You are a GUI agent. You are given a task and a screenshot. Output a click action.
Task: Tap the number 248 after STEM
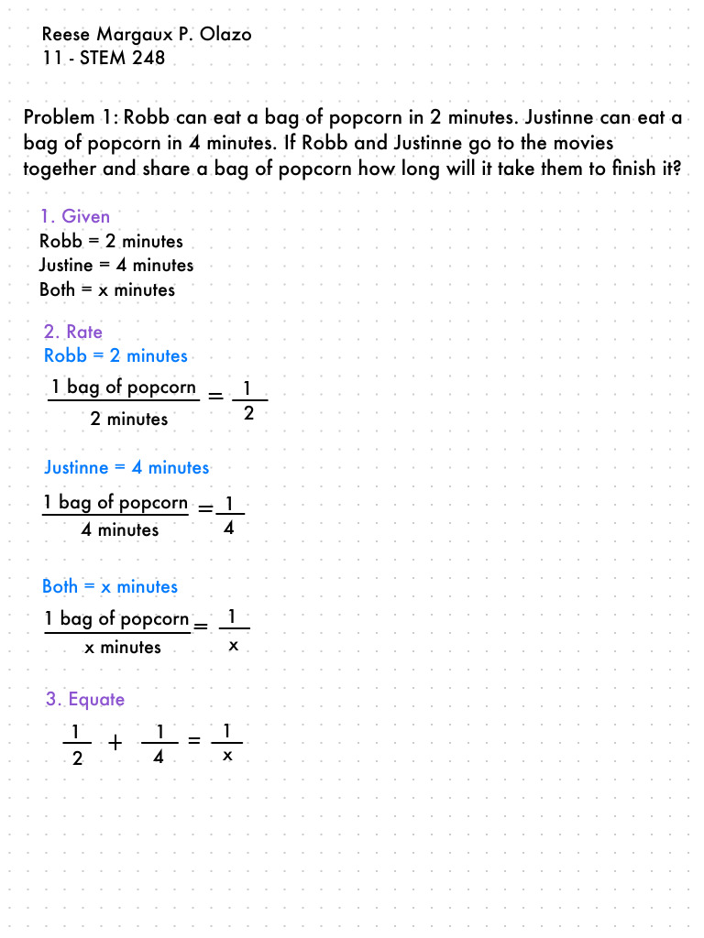[x=148, y=59]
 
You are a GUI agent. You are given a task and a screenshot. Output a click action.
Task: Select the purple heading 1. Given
[x=74, y=216]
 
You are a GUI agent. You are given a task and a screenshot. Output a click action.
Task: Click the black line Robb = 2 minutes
[x=111, y=241]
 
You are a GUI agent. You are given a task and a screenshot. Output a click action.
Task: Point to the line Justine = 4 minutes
[x=116, y=265]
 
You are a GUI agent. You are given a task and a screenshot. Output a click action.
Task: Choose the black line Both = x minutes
[x=106, y=289]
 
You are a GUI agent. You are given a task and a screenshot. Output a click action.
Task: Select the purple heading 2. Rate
[x=72, y=332]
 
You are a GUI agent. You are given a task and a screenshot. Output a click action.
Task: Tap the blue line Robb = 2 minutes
[x=115, y=355]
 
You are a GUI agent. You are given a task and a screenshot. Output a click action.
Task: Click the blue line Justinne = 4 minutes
[x=126, y=467]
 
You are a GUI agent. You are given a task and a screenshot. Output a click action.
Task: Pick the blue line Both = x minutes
[x=110, y=586]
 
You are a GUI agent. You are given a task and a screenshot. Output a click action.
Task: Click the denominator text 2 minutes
[x=129, y=420]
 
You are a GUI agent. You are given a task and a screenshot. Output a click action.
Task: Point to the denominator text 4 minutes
[x=120, y=530]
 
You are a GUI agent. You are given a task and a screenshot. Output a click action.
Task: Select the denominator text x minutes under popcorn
[x=122, y=648]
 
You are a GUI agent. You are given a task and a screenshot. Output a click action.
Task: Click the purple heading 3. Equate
[x=85, y=700]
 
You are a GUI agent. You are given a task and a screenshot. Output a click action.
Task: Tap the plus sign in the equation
[x=115, y=743]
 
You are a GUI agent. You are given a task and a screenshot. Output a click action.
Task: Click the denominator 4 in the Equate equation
[x=159, y=758]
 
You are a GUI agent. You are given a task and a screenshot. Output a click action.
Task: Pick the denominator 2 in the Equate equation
[x=77, y=758]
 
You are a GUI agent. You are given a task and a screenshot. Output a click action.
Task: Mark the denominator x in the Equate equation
[x=227, y=757]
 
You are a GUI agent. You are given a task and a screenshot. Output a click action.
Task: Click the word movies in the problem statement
[x=584, y=144]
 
